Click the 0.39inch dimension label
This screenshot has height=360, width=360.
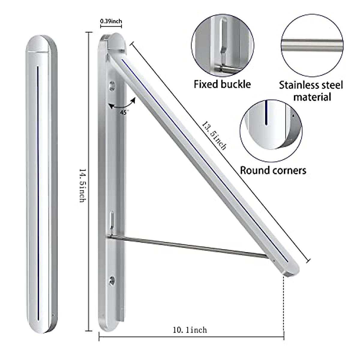111,21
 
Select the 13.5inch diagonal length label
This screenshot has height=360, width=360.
214,135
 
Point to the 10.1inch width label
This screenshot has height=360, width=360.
190,322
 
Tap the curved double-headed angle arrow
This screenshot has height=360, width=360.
122,104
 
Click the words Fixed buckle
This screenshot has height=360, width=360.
222,84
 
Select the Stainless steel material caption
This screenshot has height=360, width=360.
311,91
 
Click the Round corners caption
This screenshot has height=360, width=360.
273,170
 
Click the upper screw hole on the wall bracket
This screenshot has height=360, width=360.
112,86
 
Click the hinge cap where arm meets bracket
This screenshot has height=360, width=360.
115,42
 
